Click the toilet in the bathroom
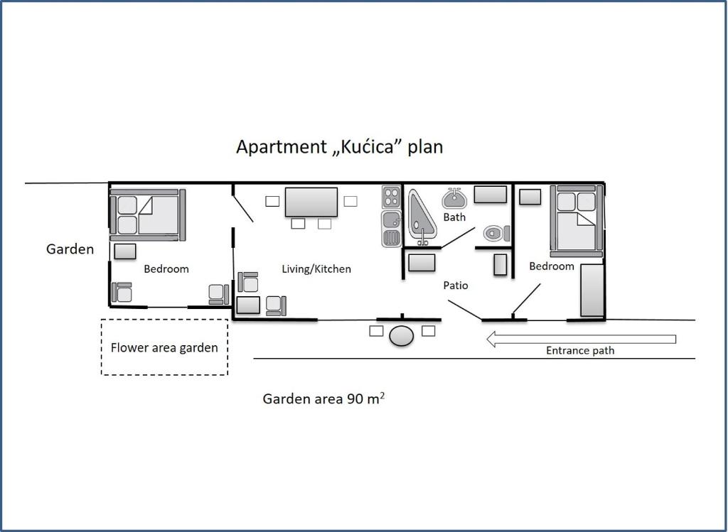tap(496, 233)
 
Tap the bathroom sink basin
tap(454, 198)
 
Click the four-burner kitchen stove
tap(392, 197)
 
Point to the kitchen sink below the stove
tap(392, 229)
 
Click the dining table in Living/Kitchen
tap(311, 202)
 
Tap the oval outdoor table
tap(402, 336)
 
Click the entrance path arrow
tap(581, 339)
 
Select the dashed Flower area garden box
tap(164, 347)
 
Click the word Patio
tap(456, 286)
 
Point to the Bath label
tap(454, 217)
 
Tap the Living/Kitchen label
tap(316, 269)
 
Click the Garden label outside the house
tap(70, 249)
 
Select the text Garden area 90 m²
tap(323, 398)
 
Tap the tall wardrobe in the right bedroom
tap(592, 290)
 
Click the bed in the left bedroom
tap(148, 215)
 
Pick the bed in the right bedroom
tap(577, 221)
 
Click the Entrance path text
tap(580, 351)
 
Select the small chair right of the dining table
tap(350, 201)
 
